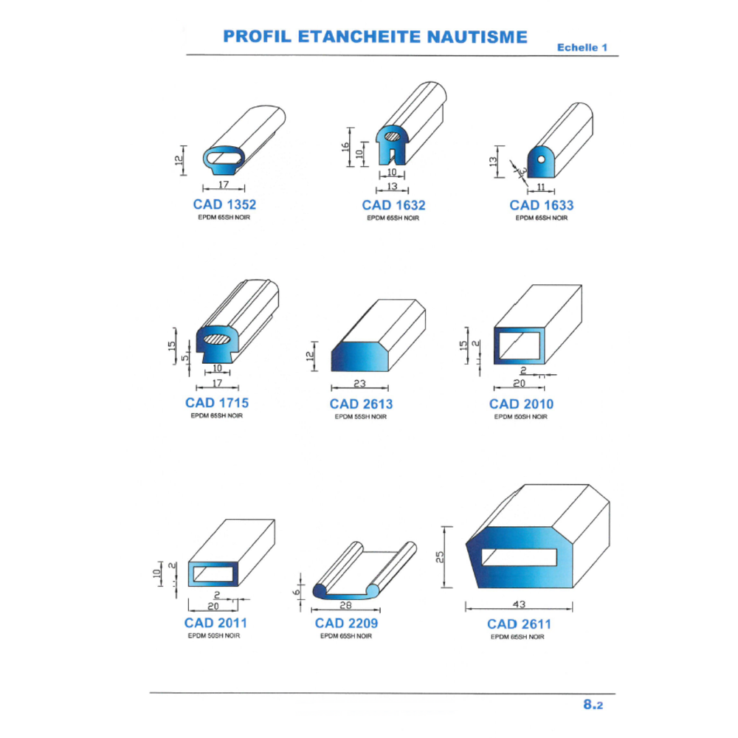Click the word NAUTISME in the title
click(x=477, y=37)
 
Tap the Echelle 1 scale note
click(x=582, y=47)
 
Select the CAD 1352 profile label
click(x=224, y=204)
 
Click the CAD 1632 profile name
click(x=393, y=205)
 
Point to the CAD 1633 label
click(x=542, y=205)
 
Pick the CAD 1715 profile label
click(x=217, y=403)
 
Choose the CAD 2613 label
click(x=361, y=404)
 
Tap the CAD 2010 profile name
click(x=521, y=404)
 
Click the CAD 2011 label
click(x=215, y=623)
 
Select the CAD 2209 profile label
click(x=346, y=623)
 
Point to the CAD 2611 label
click(x=519, y=624)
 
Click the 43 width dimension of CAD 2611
click(x=519, y=604)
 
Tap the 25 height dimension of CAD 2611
click(x=440, y=557)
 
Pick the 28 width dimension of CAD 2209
click(x=346, y=605)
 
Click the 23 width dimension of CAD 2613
click(x=359, y=384)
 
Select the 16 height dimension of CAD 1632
click(x=345, y=147)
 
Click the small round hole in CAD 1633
click(x=541, y=159)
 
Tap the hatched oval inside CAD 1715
click(x=217, y=339)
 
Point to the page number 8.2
click(x=593, y=705)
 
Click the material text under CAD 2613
click(x=361, y=416)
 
